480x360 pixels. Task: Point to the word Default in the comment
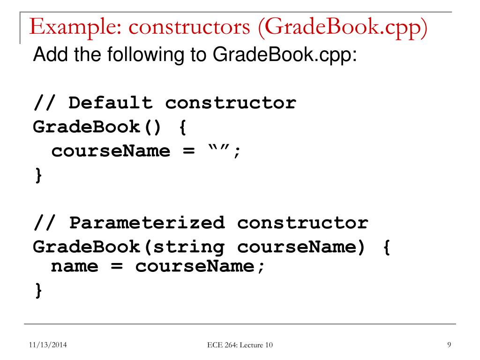tap(111, 103)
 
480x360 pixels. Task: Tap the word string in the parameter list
tap(184, 247)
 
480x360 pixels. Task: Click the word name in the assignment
tap(75, 267)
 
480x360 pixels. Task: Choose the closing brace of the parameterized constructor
tap(38, 291)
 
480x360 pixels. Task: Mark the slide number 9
tap(449, 345)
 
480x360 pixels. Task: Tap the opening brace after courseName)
tap(386, 247)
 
